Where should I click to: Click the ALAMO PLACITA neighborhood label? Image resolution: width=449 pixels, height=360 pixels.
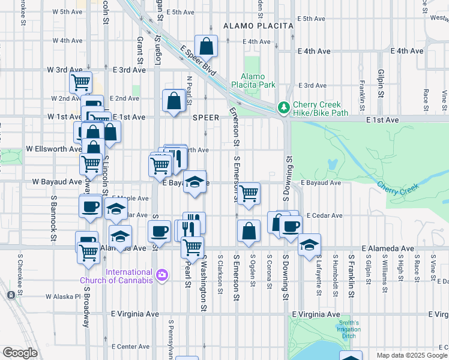258,26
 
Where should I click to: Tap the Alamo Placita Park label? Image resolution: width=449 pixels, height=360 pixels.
258,80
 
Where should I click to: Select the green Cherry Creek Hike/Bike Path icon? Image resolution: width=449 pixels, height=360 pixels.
283,108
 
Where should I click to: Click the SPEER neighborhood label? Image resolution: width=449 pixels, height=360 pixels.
205,118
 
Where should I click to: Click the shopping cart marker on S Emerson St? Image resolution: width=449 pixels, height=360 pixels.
248,193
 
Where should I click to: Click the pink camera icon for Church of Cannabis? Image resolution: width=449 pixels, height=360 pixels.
161,275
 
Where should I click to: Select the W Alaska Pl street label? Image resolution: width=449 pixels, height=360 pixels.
63,296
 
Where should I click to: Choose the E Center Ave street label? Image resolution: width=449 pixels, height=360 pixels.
131,346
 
